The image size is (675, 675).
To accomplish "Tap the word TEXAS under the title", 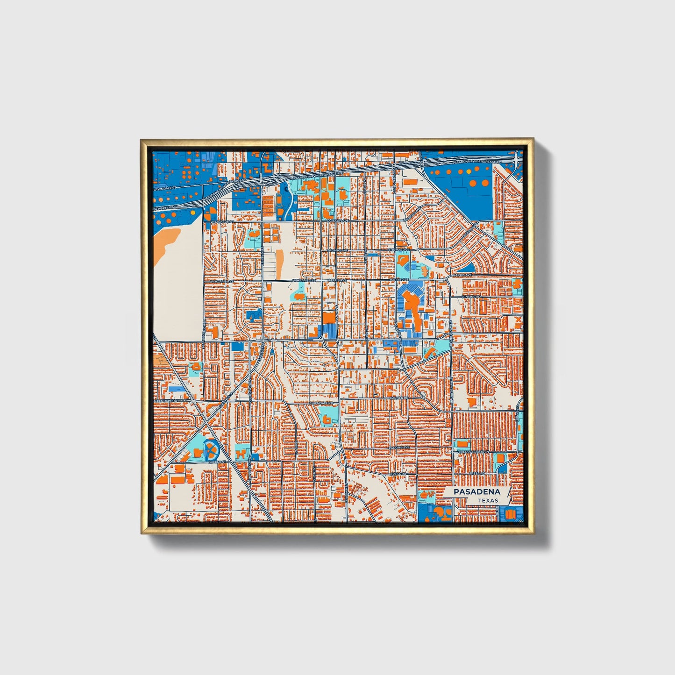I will click(488, 500).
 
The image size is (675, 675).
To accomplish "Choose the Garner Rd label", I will click(399, 398).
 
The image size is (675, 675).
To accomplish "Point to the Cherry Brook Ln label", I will click(473, 452).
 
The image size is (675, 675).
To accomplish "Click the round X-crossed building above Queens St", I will click(211, 450).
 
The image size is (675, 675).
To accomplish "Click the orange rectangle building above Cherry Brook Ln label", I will click(462, 443).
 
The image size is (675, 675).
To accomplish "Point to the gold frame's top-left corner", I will click(141, 139).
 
